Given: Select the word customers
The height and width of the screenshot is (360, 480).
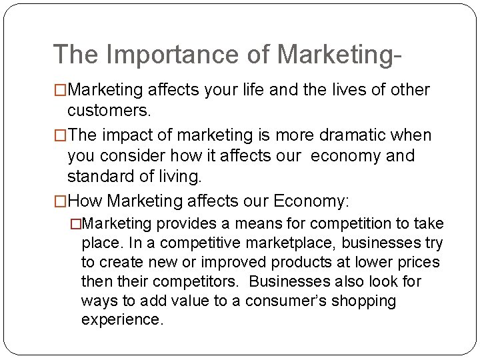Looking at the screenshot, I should click(x=109, y=109).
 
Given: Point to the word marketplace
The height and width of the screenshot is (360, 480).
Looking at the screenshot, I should click(x=268, y=243).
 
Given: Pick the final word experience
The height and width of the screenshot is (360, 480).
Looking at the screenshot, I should click(x=121, y=320).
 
